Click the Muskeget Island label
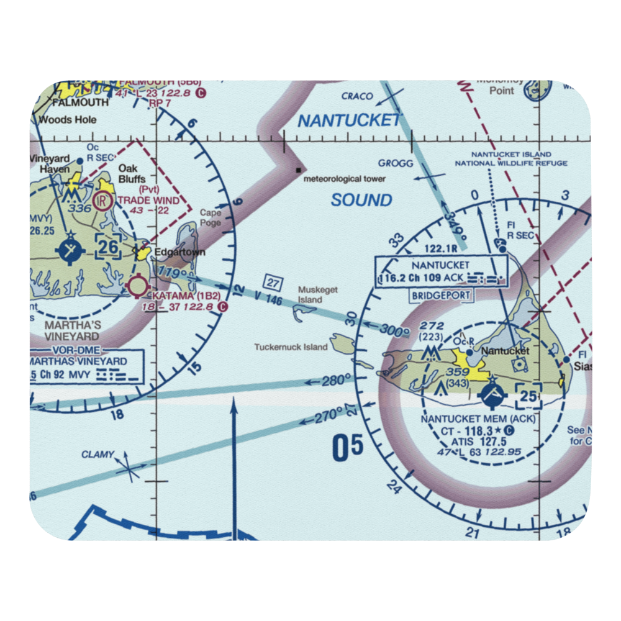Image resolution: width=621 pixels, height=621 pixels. (310, 294)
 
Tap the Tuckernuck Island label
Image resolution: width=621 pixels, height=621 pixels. (291, 347)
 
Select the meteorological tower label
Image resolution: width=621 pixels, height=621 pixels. (345, 179)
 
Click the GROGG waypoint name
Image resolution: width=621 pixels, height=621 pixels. (396, 163)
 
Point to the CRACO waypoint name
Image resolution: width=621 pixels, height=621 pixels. (357, 96)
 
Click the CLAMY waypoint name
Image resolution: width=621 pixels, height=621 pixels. (97, 455)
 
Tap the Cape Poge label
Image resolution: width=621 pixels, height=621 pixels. (211, 217)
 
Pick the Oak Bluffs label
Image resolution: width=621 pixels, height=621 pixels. (132, 175)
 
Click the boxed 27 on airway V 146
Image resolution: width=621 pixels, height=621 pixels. (273, 282)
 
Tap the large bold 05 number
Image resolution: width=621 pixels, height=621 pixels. (347, 448)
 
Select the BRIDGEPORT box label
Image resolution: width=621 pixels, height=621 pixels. (440, 296)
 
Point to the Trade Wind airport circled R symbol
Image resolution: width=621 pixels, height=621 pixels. (103, 201)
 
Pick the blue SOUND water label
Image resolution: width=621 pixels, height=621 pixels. (361, 200)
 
